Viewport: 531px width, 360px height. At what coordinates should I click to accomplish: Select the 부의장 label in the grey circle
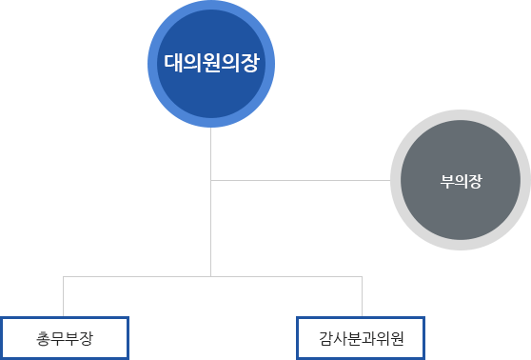click(461, 181)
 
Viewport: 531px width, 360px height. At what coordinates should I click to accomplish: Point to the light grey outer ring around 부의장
click(461, 116)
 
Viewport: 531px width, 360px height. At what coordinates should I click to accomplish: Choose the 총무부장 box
click(64, 337)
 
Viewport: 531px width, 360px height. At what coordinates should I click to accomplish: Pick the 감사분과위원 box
click(363, 337)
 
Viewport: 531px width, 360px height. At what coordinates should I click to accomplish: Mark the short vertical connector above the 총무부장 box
click(64, 296)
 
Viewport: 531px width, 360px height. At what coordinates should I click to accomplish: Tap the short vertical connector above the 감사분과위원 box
click(363, 296)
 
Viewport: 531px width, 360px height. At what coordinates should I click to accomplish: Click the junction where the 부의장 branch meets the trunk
click(211, 179)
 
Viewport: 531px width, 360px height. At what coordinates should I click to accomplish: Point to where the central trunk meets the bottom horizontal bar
click(211, 276)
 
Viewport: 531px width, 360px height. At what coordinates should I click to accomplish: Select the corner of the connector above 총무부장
click(64, 276)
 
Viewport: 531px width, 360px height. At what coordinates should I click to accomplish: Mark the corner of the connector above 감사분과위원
click(363, 276)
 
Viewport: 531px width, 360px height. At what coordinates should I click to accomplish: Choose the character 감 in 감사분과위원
click(328, 338)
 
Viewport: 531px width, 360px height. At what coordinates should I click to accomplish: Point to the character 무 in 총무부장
click(56, 338)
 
